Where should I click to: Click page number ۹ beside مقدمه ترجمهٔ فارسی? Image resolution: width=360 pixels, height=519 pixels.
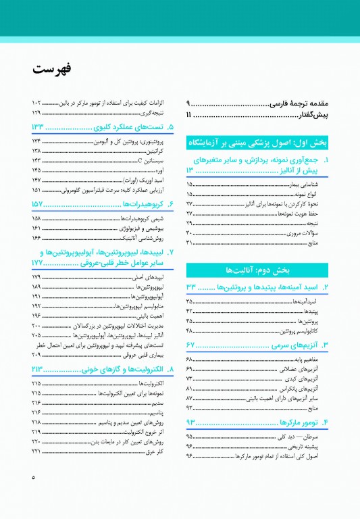click(190, 104)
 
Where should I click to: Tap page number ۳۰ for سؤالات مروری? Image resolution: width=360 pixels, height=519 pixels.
click(190, 232)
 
